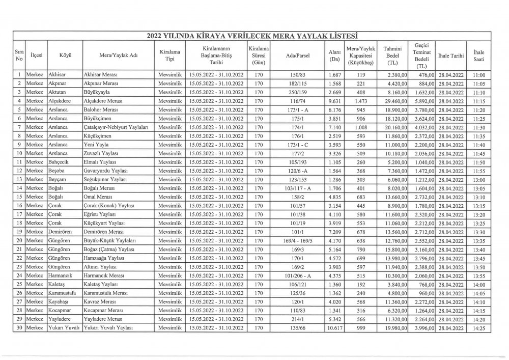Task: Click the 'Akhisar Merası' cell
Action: [101, 75]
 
